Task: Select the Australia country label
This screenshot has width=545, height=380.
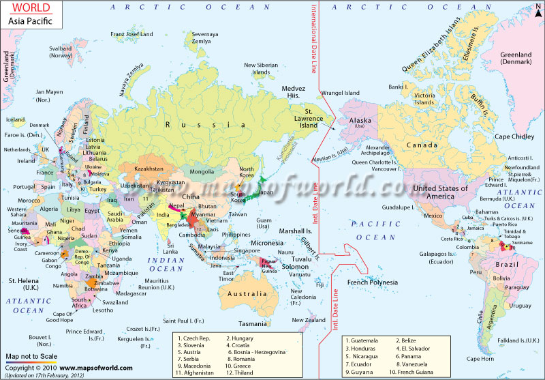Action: [x=247, y=294]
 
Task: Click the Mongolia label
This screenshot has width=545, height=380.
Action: [x=201, y=171]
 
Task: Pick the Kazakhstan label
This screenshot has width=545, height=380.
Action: [x=149, y=168]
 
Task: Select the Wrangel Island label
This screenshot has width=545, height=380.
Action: [x=341, y=93]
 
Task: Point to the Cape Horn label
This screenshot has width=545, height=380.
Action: [x=481, y=358]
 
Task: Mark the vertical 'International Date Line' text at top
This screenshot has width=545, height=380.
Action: [x=314, y=41]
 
